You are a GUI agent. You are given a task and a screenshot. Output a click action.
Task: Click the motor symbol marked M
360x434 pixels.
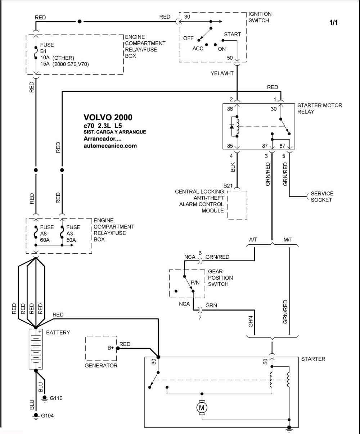click(x=202, y=408)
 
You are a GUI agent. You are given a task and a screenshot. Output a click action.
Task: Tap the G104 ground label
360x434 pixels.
click(x=47, y=416)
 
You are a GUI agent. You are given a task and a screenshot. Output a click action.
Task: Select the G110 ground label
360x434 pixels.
click(x=56, y=398)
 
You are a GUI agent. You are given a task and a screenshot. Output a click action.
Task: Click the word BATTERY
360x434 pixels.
click(x=58, y=333)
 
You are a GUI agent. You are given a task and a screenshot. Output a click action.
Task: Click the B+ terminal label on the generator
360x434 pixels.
click(x=111, y=348)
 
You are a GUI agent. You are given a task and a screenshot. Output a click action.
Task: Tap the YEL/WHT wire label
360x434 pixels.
click(x=222, y=73)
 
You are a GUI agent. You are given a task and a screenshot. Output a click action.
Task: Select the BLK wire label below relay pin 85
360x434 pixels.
click(x=233, y=167)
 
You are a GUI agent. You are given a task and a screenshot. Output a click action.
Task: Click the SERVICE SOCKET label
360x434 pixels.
click(x=322, y=196)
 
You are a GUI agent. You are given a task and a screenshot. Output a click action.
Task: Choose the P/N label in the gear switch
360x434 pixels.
click(x=195, y=283)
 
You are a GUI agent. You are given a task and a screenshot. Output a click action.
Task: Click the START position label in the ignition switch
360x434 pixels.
click(x=232, y=34)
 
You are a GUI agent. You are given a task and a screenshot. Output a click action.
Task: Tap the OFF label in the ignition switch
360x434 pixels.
click(x=188, y=38)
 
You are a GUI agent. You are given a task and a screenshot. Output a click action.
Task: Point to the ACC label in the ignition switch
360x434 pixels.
click(x=198, y=49)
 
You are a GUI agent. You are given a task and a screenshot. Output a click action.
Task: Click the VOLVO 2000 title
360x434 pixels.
click(x=108, y=117)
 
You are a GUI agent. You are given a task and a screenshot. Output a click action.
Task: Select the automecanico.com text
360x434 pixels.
click(x=110, y=146)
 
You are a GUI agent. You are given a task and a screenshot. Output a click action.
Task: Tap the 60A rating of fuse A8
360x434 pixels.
click(x=45, y=240)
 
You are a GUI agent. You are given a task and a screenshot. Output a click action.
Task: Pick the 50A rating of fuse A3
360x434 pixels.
click(x=71, y=240)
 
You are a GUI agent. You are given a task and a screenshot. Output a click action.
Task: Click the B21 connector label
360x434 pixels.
click(x=228, y=186)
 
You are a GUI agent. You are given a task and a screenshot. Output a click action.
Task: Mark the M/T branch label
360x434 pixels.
click(x=288, y=240)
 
